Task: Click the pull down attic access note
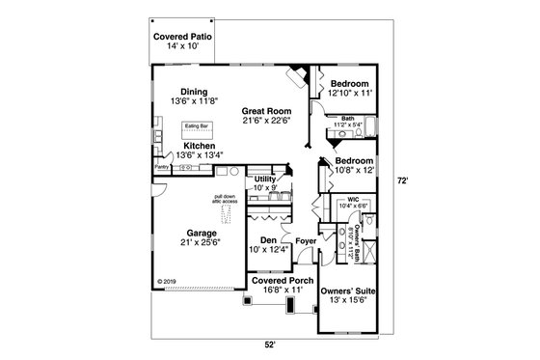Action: (226, 201)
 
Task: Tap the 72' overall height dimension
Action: (413, 180)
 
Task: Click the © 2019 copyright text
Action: (169, 282)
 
